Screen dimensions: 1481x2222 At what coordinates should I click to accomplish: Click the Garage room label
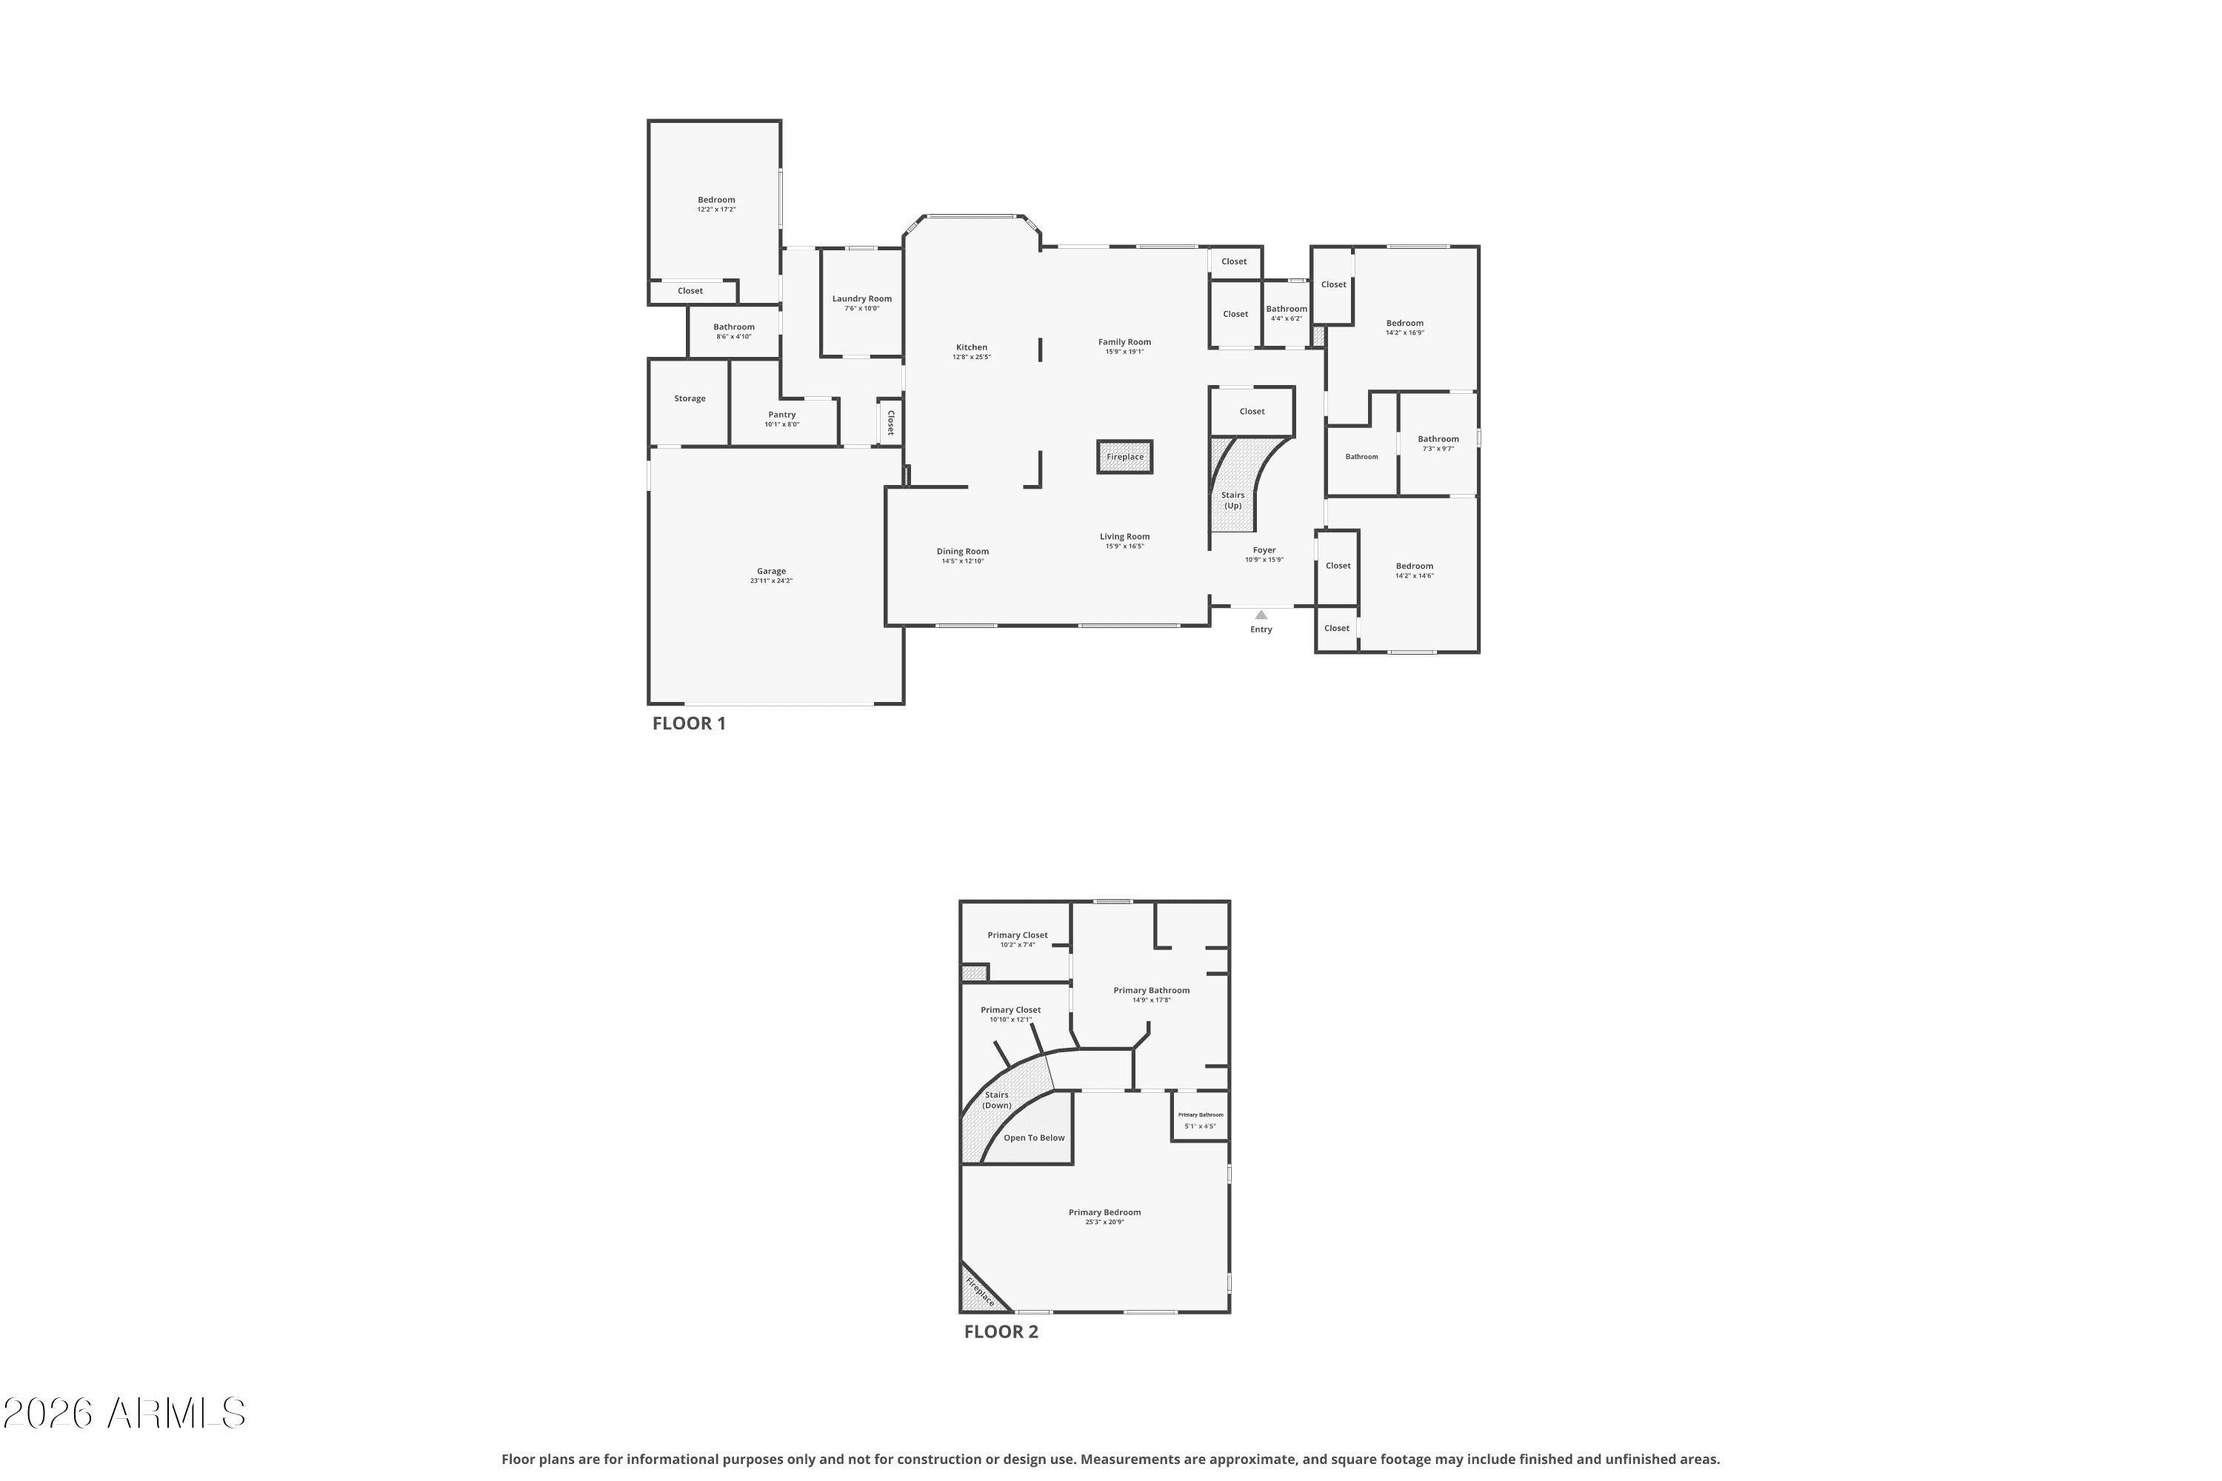(x=771, y=572)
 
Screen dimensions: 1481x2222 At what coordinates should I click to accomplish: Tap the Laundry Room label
(x=861, y=298)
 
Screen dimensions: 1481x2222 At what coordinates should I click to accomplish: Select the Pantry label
(x=781, y=415)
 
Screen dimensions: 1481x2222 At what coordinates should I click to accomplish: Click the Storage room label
(x=690, y=398)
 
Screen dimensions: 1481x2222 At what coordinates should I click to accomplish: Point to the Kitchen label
(x=971, y=347)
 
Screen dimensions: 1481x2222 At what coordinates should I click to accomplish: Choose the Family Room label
(x=1124, y=342)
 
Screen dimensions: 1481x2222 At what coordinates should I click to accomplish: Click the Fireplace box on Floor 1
(x=1124, y=457)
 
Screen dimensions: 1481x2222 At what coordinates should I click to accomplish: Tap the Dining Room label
(x=963, y=552)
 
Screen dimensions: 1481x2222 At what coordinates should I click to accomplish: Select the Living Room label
(x=1124, y=536)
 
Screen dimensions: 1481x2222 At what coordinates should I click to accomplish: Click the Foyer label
(x=1264, y=549)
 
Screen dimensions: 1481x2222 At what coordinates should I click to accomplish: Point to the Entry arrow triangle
(x=1261, y=615)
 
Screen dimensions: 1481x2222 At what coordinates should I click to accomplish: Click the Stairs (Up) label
(x=1233, y=500)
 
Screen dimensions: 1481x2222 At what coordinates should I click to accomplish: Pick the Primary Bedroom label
(x=1104, y=1211)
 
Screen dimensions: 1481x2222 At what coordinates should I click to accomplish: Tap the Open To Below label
(x=1033, y=1137)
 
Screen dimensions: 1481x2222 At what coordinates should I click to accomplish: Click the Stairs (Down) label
(x=997, y=1100)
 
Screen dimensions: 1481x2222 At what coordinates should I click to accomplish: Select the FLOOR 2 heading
(x=1001, y=1331)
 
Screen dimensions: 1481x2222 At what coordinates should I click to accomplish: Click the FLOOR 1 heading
(x=689, y=723)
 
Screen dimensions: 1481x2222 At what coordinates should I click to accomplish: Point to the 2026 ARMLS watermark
(x=124, y=1414)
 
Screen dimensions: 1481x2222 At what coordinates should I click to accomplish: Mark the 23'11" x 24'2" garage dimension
(x=771, y=581)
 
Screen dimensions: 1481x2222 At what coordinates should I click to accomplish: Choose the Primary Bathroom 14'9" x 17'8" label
(x=1151, y=994)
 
